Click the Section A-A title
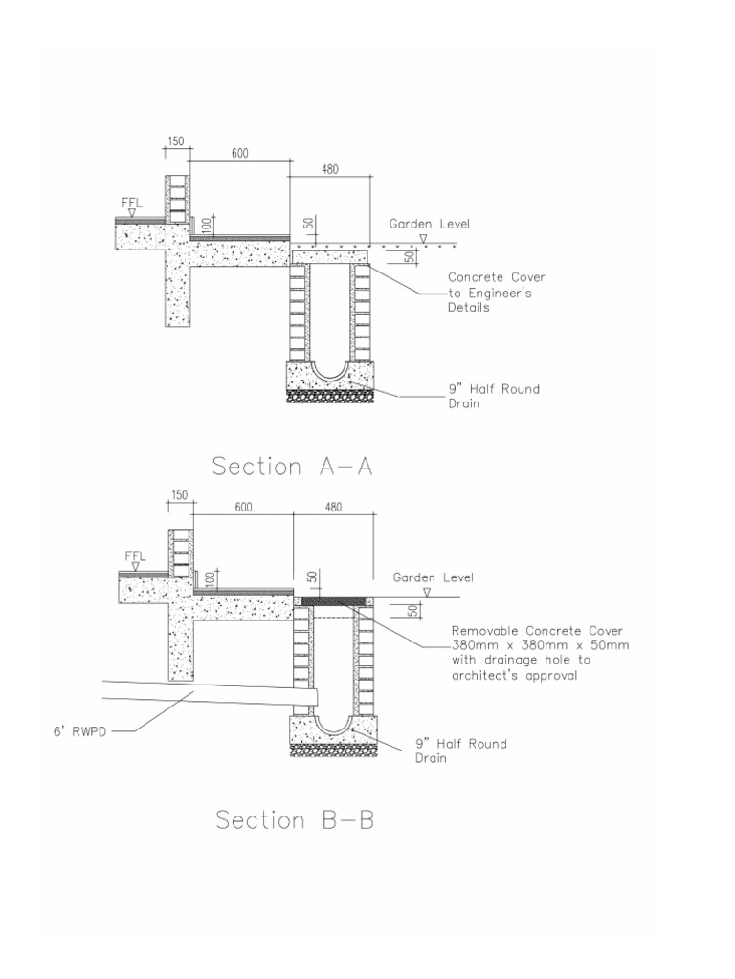pos(292,467)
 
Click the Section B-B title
pos(295,820)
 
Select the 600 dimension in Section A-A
pos(238,154)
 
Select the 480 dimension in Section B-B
pos(333,508)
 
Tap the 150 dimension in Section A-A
pos(176,141)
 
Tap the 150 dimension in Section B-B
pos(180,495)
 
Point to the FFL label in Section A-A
pos(132,203)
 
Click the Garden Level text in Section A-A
pos(429,224)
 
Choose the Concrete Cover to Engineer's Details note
pos(497,293)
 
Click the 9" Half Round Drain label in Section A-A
pos(494,396)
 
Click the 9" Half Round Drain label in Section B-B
pos(460,751)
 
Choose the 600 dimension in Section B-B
pos(243,508)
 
